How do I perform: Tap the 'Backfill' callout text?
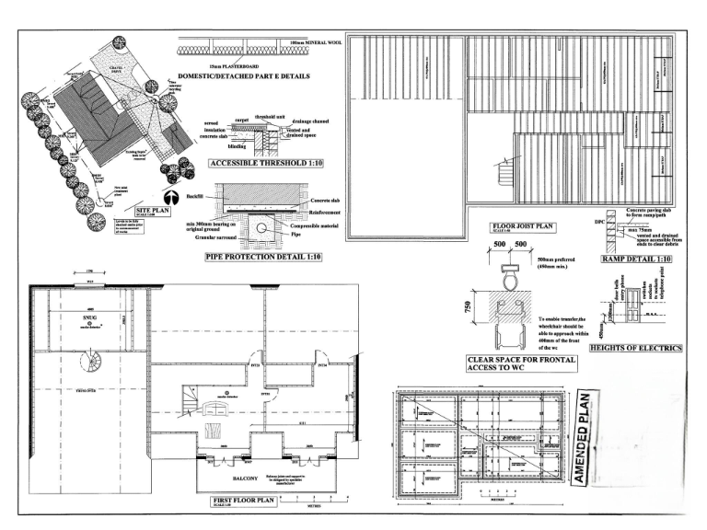click(x=194, y=196)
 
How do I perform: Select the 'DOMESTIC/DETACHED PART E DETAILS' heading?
click(x=243, y=75)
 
